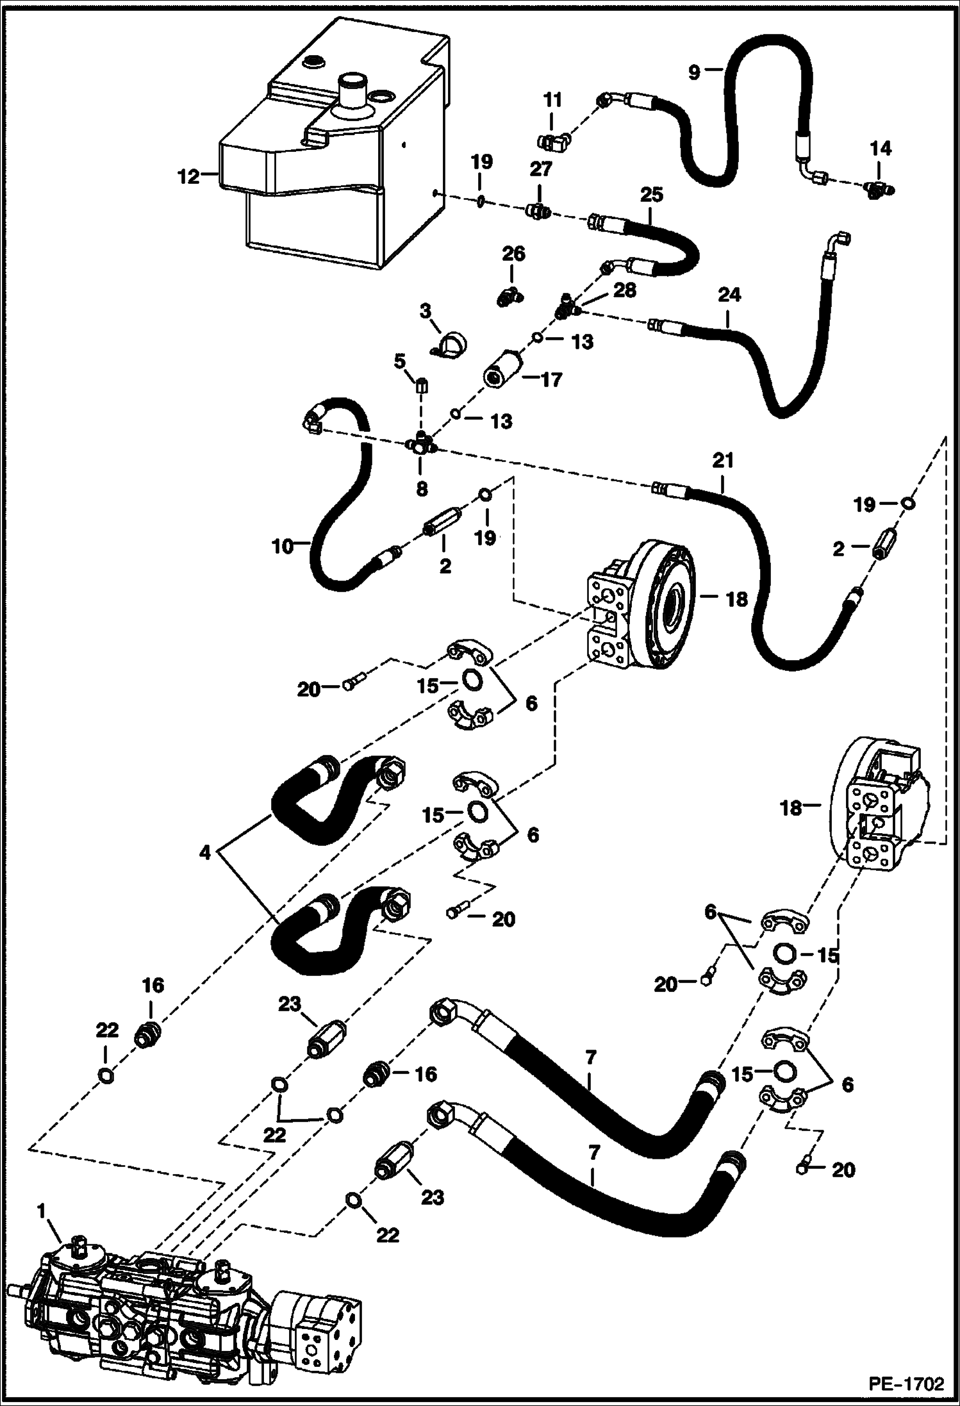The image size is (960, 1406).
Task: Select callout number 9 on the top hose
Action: tap(694, 72)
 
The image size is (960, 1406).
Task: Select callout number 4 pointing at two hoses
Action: tap(204, 852)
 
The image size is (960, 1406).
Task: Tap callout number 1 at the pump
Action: tap(41, 1211)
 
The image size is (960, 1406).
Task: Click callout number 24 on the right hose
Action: tap(729, 295)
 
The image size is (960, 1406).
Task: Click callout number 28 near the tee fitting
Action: tap(624, 290)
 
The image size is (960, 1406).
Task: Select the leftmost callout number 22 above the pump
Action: tap(107, 1030)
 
